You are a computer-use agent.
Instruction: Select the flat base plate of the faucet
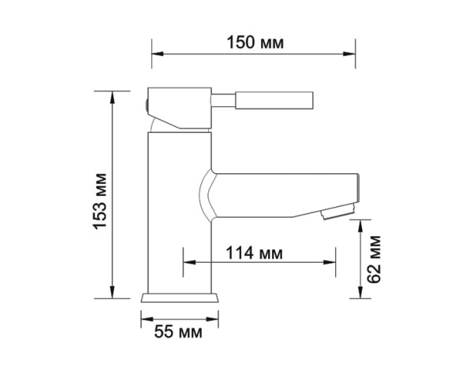click(x=179, y=299)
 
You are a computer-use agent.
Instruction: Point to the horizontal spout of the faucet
click(x=284, y=193)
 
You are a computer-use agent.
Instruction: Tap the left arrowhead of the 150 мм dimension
click(x=155, y=54)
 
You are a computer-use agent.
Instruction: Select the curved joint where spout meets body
click(x=203, y=193)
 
